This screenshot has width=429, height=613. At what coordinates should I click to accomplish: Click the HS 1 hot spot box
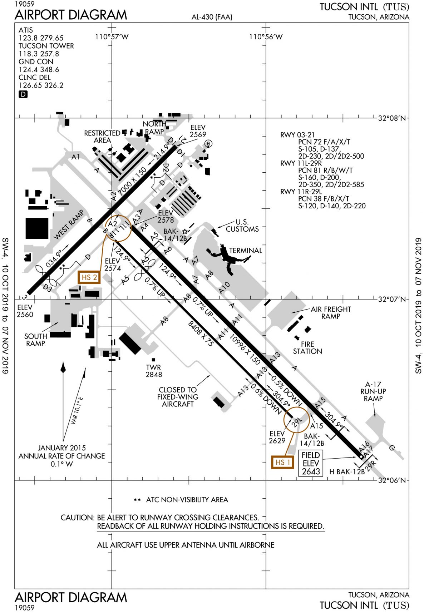[x=282, y=462]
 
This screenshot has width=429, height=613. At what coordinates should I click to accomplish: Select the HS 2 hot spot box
[x=89, y=277]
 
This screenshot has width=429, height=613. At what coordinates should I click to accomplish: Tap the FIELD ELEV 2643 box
[x=311, y=463]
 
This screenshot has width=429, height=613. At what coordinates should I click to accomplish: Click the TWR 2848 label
[x=154, y=371]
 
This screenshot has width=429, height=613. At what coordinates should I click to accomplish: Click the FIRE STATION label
[x=307, y=347]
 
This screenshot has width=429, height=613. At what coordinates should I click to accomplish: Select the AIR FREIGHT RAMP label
[x=331, y=312]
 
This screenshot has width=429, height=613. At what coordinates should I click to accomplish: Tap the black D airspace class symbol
[x=23, y=94]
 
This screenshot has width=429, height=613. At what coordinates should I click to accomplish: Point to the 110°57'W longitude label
[x=112, y=37]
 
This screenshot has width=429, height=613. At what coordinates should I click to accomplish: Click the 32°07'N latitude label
[x=391, y=299]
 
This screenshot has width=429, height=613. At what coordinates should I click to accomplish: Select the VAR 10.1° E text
[x=77, y=410]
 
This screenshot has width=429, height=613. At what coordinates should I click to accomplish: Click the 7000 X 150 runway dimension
[x=132, y=181]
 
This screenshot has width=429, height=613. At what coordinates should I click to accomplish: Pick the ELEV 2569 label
[x=198, y=131]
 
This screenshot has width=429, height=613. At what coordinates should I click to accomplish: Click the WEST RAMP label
[x=69, y=225]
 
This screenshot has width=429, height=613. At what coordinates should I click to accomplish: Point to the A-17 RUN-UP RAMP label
[x=373, y=391]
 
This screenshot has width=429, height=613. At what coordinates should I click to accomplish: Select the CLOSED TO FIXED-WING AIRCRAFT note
[x=178, y=397]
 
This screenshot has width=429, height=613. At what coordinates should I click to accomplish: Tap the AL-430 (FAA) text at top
[x=212, y=17]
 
